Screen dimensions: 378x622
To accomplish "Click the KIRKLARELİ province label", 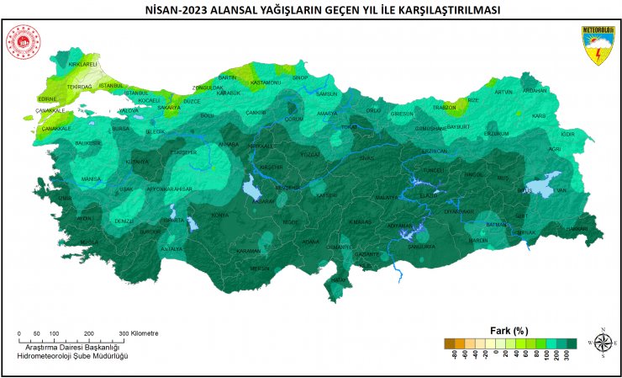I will [x=83, y=64].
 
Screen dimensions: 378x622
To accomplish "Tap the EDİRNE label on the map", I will [x=47, y=98].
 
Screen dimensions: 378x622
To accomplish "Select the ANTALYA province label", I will [x=171, y=249].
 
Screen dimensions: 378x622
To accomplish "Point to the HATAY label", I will [x=338, y=280].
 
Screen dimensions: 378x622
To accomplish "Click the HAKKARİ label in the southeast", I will [x=576, y=228].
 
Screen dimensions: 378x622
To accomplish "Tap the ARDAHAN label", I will [x=535, y=90].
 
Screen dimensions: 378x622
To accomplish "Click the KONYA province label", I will [x=219, y=215].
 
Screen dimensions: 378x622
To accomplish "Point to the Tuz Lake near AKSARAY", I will [x=251, y=190].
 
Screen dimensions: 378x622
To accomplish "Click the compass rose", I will [x=603, y=342].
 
